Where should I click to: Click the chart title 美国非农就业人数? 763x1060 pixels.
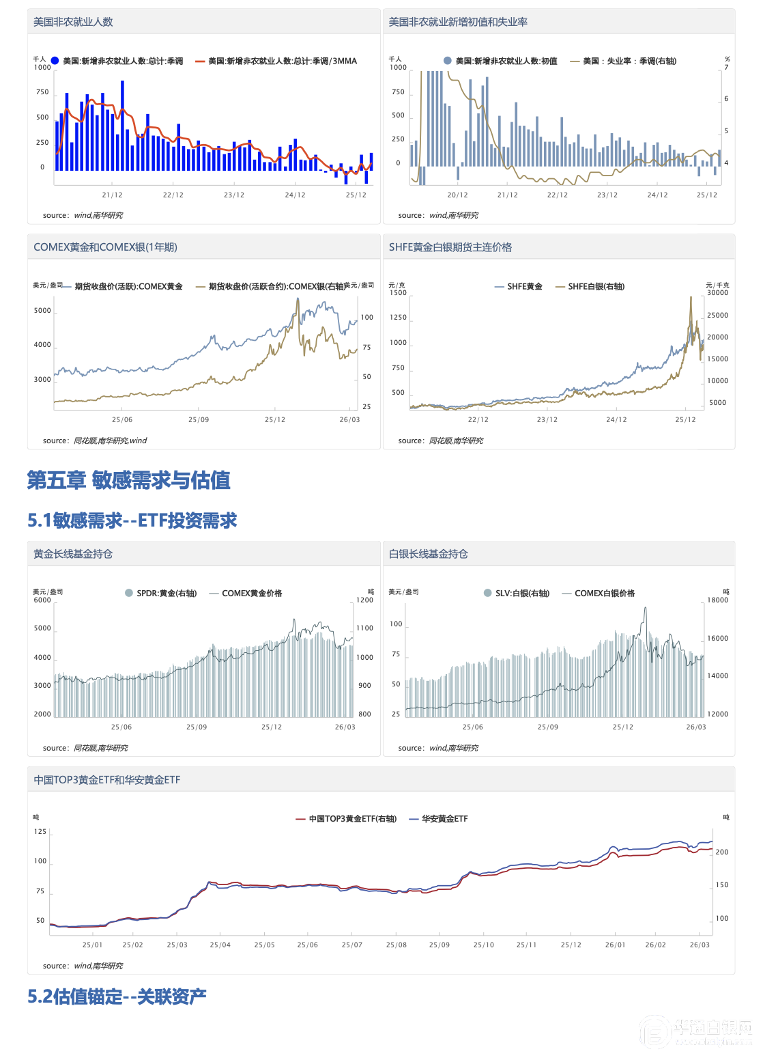73,22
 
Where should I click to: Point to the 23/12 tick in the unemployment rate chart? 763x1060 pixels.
607,195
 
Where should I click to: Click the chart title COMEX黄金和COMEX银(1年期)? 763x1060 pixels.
105,247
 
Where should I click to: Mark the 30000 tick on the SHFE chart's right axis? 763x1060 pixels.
717,293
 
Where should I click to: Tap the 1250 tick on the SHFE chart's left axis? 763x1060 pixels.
398,318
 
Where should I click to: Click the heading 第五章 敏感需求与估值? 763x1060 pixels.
128,480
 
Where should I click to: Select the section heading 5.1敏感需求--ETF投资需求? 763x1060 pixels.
132,520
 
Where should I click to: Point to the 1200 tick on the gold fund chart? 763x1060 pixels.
364,600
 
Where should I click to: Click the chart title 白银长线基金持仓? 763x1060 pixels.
428,554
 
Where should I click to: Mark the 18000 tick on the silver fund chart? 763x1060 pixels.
717,600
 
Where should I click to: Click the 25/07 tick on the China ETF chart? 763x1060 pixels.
351,945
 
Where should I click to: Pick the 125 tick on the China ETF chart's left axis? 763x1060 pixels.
40,832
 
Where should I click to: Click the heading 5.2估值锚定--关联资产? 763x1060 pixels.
117,996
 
